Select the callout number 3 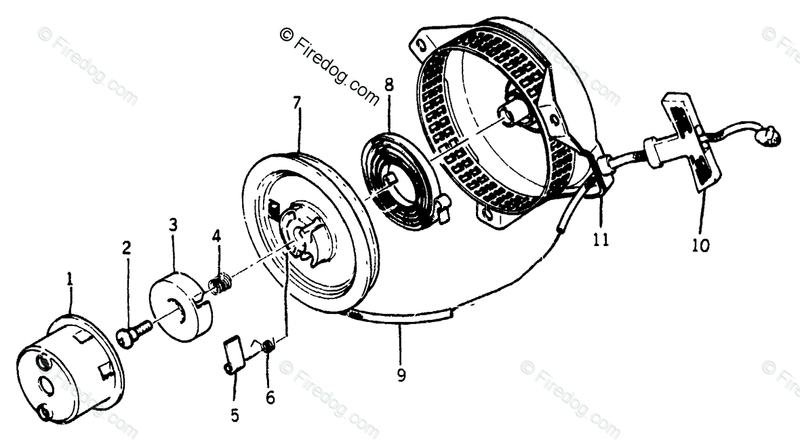[x=173, y=224]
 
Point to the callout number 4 [x=216, y=237]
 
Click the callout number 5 [x=235, y=416]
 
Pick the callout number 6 [x=270, y=398]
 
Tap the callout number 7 [x=296, y=103]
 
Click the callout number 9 [x=401, y=374]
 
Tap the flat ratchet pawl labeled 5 [x=233, y=355]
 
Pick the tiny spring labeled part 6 [x=268, y=345]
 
